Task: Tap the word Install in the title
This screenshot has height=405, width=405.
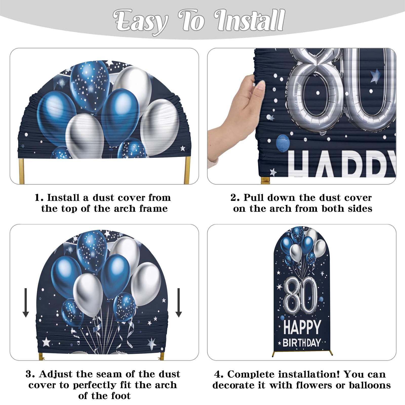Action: click(x=250, y=20)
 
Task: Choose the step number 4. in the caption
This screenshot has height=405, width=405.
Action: click(x=219, y=374)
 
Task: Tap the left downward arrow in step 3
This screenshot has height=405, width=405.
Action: click(x=26, y=302)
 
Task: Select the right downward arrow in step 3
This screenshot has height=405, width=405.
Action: click(x=179, y=302)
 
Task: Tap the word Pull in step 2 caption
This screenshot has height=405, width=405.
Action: click(x=254, y=197)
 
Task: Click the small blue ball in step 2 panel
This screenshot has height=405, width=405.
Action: click(x=283, y=142)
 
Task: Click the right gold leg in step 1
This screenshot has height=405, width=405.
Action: click(x=187, y=171)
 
